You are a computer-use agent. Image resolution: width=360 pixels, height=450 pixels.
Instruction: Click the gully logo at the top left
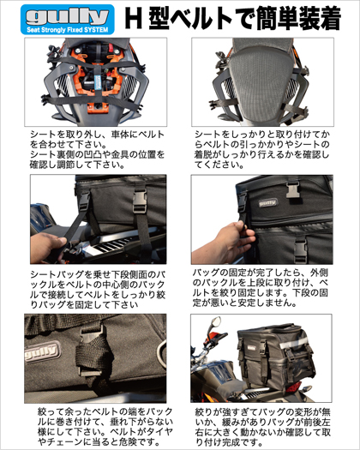[68, 20]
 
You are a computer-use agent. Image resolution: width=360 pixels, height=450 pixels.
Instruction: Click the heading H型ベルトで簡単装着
[233, 18]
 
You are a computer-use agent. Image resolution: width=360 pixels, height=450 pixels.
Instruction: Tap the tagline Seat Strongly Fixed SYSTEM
[68, 30]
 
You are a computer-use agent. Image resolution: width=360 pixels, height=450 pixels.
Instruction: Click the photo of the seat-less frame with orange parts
[96, 81]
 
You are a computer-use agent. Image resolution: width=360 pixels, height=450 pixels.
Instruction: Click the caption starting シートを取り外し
[97, 149]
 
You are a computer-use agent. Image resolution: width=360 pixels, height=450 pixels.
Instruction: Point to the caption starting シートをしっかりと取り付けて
[261, 149]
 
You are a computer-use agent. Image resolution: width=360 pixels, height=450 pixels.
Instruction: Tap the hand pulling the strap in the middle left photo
[47, 248]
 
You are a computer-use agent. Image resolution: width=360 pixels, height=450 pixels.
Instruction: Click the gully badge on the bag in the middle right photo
[268, 202]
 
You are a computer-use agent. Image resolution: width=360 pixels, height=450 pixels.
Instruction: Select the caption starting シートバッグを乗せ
[98, 290]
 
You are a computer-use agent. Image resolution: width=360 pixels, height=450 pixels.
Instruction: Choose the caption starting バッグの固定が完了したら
[260, 287]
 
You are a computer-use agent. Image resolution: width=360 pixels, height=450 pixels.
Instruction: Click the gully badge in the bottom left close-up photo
[43, 351]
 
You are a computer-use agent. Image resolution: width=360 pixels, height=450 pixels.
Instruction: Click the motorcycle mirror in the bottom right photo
[216, 321]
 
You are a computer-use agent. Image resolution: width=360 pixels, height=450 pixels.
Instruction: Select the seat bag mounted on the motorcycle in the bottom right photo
[276, 356]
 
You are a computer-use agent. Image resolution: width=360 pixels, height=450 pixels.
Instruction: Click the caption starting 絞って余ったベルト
[105, 427]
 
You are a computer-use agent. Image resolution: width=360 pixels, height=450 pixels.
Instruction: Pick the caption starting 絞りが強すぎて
[262, 427]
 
